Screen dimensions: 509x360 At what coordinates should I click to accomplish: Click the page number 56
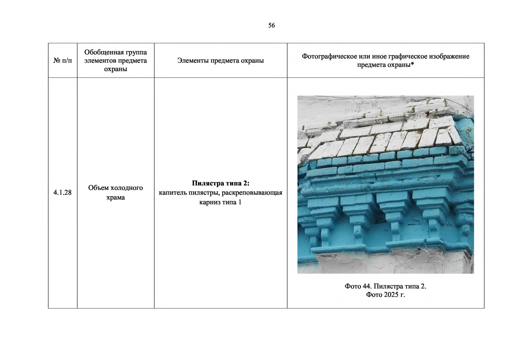tap(271, 25)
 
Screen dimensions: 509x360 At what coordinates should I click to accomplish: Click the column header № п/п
tap(62, 61)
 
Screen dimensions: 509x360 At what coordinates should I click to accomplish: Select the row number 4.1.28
tap(62, 193)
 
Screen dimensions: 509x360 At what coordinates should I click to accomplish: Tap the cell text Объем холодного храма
tap(115, 193)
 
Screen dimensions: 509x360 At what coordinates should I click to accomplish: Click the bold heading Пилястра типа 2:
tap(221, 183)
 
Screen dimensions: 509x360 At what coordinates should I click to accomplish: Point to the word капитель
tap(173, 193)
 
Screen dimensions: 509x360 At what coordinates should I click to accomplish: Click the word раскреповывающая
tap(252, 193)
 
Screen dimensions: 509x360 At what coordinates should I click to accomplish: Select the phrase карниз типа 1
tap(220, 202)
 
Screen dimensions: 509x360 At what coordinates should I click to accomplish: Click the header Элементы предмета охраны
tap(220, 61)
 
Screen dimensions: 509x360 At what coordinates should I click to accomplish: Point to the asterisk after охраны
tap(412, 64)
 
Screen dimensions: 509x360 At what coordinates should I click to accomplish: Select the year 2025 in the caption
tap(391, 295)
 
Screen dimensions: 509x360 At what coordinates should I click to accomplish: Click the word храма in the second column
tap(115, 197)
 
